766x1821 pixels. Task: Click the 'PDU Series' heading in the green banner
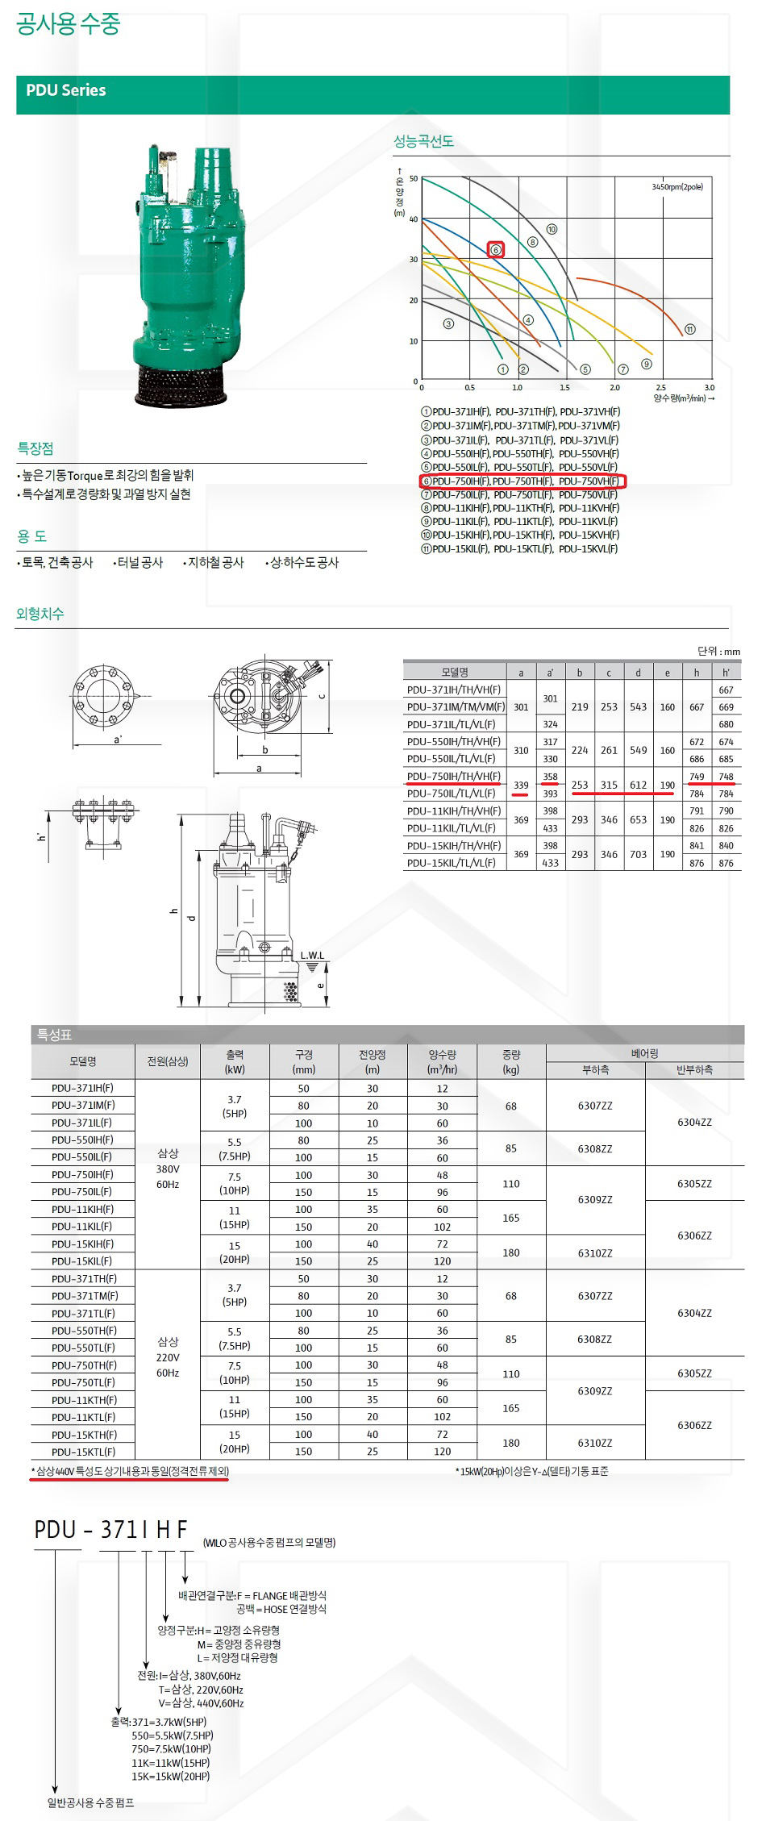coord(66,90)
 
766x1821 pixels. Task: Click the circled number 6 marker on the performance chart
coord(496,250)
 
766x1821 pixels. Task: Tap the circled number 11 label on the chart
coord(689,329)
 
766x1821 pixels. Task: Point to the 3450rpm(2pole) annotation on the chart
coord(677,187)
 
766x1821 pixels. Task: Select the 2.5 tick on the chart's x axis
coord(661,388)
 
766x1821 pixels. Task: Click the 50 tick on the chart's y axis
coord(414,179)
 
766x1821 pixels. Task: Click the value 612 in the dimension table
coord(638,785)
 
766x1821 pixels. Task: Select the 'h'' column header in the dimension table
coord(726,672)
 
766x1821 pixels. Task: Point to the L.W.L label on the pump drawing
coord(312,956)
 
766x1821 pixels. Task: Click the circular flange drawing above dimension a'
coord(102,696)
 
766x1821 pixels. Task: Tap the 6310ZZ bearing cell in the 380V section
coord(595,1253)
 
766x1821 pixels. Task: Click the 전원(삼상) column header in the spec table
coord(168,1061)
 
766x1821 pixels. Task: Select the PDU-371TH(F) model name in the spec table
coord(84,1279)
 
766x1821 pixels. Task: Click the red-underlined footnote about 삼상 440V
coord(130,1471)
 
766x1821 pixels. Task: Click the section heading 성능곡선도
coord(423,141)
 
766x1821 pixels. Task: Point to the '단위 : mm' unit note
coord(718,652)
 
